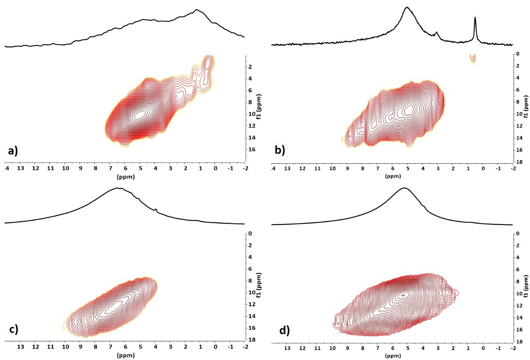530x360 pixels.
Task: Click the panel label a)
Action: point(13,151)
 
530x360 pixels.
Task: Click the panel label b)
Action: point(280,150)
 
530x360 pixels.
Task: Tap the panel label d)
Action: point(284,330)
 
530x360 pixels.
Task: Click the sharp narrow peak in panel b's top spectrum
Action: point(475,18)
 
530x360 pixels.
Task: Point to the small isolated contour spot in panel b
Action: point(473,58)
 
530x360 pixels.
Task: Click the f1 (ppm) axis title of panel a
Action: point(259,106)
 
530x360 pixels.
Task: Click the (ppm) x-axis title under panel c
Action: point(126,355)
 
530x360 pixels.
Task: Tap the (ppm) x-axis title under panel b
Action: point(393,176)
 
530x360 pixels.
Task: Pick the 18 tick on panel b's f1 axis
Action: point(519,162)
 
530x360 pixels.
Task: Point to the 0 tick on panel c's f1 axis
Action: point(250,234)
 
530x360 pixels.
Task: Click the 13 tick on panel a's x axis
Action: point(20,168)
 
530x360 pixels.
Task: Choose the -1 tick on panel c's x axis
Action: point(231,347)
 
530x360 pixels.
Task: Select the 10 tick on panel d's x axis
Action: point(332,348)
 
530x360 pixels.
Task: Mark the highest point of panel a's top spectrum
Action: point(197,10)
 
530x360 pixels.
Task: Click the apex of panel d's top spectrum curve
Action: point(404,188)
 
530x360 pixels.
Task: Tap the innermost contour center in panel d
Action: point(403,295)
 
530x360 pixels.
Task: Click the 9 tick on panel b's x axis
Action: point(347,169)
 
